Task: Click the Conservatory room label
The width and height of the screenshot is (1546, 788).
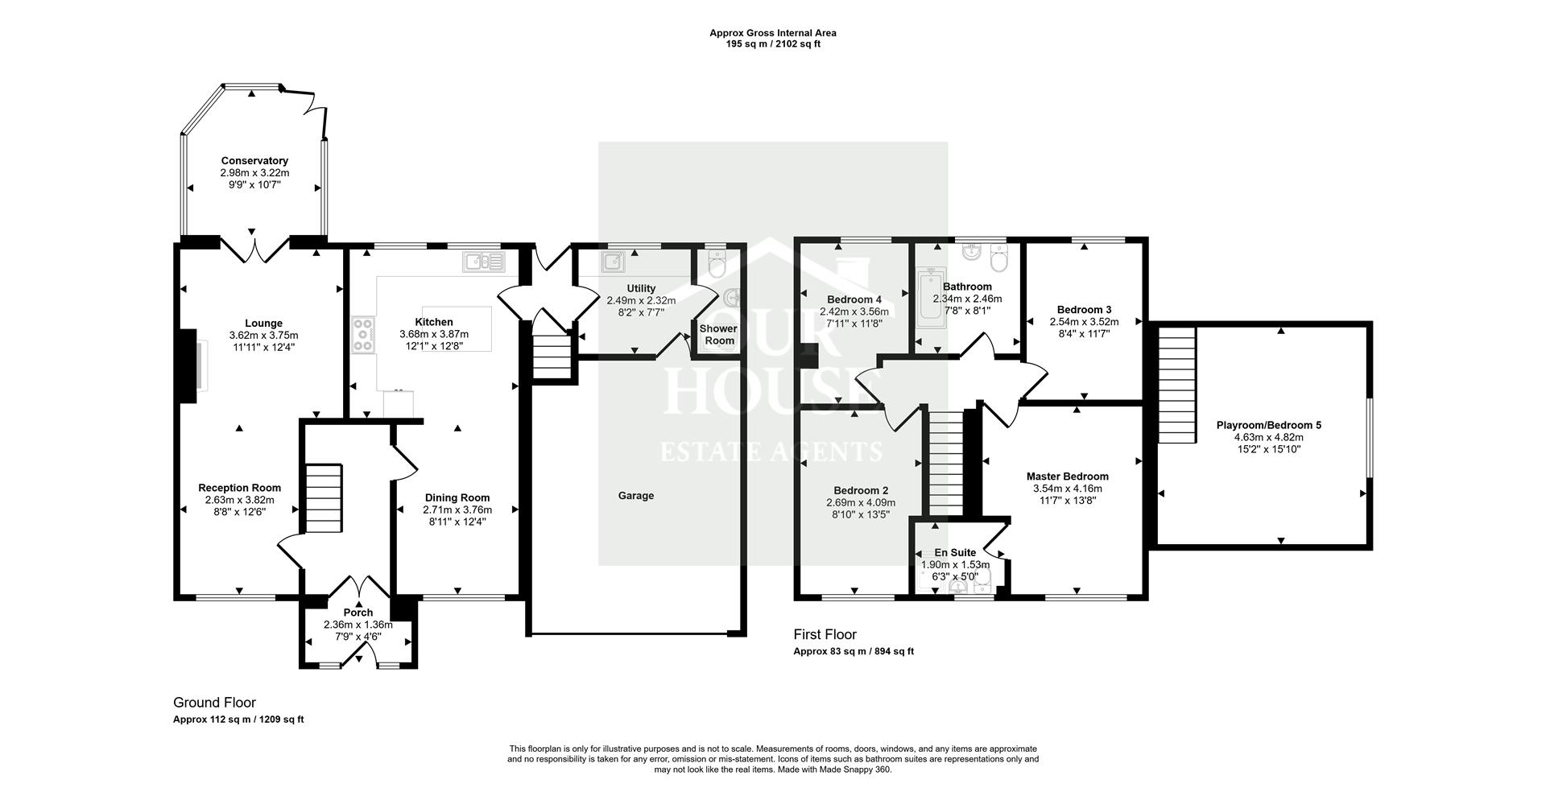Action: (254, 161)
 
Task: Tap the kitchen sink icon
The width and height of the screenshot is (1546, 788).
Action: (483, 261)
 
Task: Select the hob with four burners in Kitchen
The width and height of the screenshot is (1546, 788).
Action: (362, 334)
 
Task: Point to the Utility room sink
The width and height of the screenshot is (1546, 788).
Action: (612, 261)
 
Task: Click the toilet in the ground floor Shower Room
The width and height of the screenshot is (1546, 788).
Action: (714, 262)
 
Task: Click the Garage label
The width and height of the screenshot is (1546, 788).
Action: (635, 496)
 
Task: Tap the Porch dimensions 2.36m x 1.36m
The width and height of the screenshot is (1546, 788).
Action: (358, 625)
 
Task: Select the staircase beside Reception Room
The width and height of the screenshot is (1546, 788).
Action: (323, 499)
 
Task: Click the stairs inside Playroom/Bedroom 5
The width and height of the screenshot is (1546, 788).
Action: (1176, 390)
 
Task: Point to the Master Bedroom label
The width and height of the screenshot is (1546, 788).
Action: (1067, 477)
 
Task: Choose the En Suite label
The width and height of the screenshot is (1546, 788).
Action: (955, 553)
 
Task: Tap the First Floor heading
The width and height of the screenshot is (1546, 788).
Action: (825, 635)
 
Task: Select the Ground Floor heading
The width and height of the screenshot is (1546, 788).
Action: (214, 703)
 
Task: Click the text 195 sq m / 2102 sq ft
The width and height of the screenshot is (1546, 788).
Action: (772, 44)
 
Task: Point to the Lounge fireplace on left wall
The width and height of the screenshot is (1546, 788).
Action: (188, 365)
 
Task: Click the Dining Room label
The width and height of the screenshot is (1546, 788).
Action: (457, 498)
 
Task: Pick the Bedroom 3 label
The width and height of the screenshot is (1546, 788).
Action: (1084, 310)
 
